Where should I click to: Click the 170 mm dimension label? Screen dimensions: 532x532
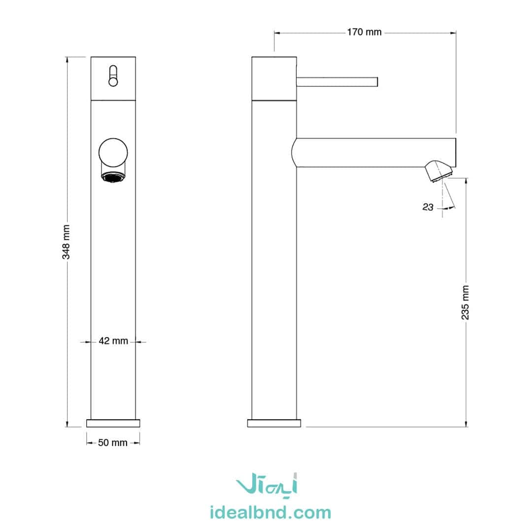pyautogui.click(x=364, y=32)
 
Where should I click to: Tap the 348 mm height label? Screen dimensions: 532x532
pyautogui.click(x=66, y=242)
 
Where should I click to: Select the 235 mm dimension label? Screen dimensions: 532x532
pyautogui.click(x=465, y=302)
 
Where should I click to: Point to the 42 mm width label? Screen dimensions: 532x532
pyautogui.click(x=113, y=341)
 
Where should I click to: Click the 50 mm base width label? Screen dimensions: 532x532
pyautogui.click(x=113, y=443)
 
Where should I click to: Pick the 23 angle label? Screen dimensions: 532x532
pyautogui.click(x=428, y=207)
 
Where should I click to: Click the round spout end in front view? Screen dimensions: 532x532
pyautogui.click(x=113, y=152)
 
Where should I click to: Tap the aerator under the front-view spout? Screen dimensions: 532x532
pyautogui.click(x=114, y=177)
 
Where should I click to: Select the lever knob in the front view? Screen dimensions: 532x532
pyautogui.click(x=113, y=76)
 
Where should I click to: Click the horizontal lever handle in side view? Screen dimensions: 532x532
pyautogui.click(x=337, y=82)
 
